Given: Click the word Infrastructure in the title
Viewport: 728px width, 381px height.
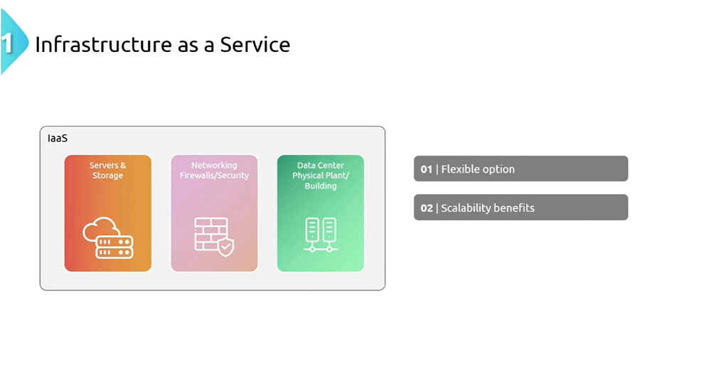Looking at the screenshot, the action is click(x=104, y=45).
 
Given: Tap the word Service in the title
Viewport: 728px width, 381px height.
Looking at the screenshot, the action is click(x=255, y=45).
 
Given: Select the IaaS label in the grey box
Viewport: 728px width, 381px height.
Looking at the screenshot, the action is click(x=58, y=139).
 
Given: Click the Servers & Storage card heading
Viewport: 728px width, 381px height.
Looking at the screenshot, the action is click(x=108, y=171).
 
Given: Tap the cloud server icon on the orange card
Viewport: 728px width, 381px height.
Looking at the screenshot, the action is click(x=108, y=237).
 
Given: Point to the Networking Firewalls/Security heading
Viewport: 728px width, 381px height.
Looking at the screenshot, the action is click(x=214, y=171).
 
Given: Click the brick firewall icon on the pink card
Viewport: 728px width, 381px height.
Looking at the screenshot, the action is click(x=214, y=237).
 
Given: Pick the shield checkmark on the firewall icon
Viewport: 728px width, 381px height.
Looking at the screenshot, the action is click(x=226, y=247).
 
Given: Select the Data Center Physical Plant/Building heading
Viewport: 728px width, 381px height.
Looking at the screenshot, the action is click(x=321, y=176).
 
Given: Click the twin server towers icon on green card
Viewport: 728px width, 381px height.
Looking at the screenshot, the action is click(x=321, y=235).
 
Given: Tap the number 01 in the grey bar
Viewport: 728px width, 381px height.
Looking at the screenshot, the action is click(x=427, y=169).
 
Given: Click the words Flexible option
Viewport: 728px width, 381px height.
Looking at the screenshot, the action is click(x=478, y=169).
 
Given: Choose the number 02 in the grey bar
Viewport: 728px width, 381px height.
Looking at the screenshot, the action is click(x=427, y=208).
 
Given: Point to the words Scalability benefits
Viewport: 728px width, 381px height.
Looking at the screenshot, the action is click(x=488, y=208).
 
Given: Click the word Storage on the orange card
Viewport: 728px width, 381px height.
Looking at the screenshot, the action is click(x=108, y=176).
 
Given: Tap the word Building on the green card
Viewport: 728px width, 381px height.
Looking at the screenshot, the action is click(x=321, y=186).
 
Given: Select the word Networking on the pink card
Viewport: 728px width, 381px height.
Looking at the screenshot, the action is click(x=214, y=165).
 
